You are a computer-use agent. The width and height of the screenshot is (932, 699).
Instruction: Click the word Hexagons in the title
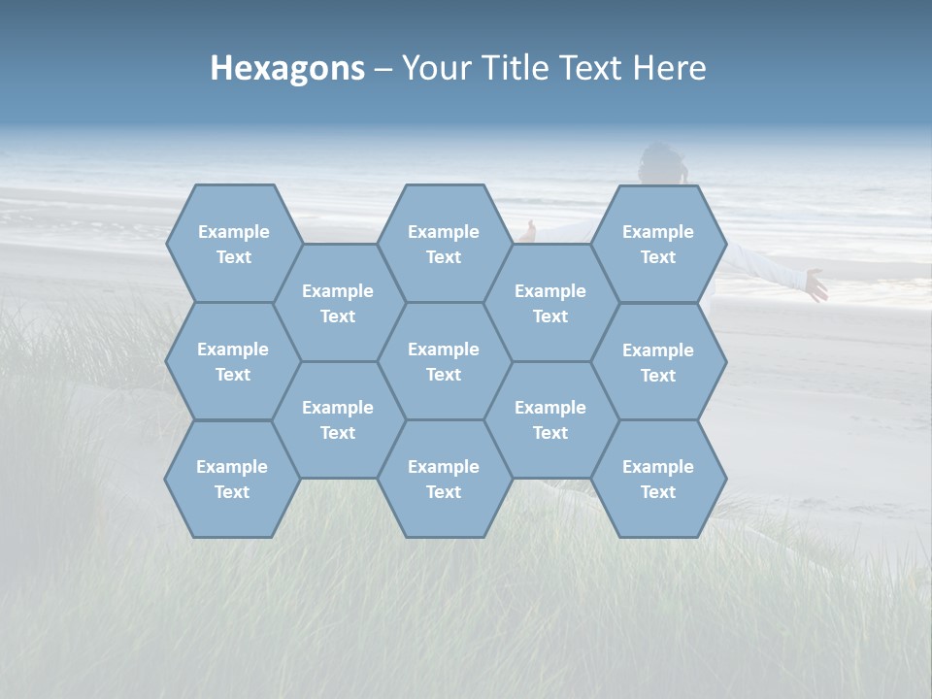287,68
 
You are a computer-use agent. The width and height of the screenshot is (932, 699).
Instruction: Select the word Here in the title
669,68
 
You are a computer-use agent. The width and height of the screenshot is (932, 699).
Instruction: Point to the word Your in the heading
435,68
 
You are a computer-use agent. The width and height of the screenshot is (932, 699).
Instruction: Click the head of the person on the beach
664,163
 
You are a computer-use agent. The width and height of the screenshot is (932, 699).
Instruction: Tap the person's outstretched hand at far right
816,285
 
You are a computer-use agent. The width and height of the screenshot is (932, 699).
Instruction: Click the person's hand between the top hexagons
527,231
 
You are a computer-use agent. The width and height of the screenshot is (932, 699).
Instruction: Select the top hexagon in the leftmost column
233,244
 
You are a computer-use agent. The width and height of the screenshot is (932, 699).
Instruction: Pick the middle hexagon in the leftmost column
233,361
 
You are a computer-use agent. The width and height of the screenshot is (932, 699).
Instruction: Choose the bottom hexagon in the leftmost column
232,479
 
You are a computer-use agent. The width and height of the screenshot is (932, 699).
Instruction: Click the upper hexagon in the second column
338,303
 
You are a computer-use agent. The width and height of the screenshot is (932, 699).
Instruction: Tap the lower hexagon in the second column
338,419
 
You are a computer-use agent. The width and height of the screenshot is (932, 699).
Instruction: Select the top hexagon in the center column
444,244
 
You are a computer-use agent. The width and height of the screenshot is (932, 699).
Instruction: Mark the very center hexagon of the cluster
444,361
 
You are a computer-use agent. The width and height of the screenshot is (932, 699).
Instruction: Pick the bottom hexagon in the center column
444,479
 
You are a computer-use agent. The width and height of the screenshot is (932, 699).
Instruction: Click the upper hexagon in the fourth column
550,303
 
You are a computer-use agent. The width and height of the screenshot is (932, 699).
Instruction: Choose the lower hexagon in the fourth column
550,419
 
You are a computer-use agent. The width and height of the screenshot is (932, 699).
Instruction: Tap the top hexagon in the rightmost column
658,244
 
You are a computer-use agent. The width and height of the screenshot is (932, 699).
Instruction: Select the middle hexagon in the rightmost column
658,362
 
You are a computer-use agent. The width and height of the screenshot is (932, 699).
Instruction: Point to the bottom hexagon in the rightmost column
658,479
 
